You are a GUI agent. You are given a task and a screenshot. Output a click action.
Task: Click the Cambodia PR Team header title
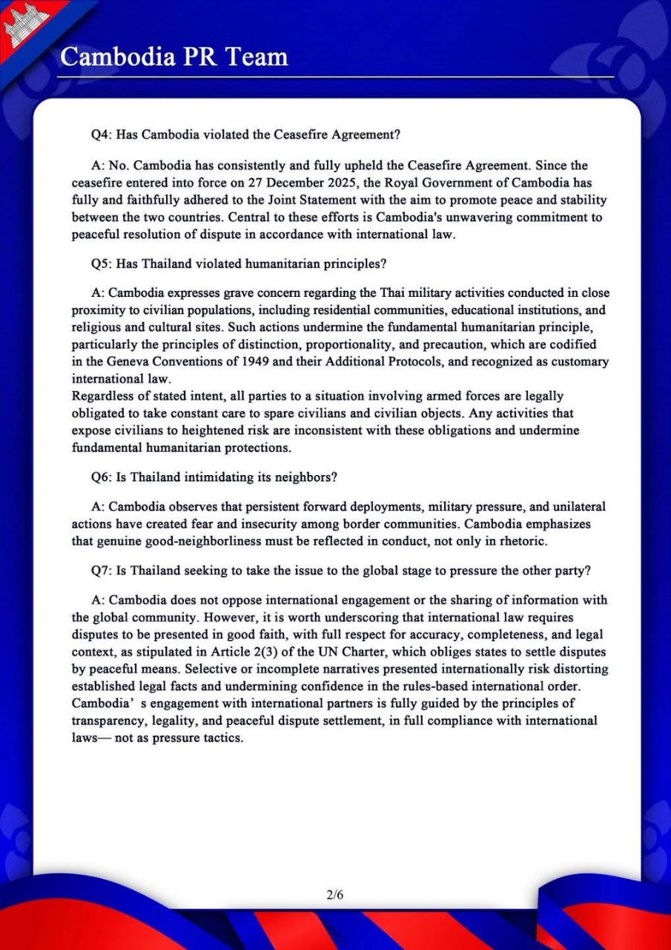click(173, 56)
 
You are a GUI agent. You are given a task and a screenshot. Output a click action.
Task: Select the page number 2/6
click(335, 894)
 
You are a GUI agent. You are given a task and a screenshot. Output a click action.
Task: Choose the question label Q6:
click(101, 476)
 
